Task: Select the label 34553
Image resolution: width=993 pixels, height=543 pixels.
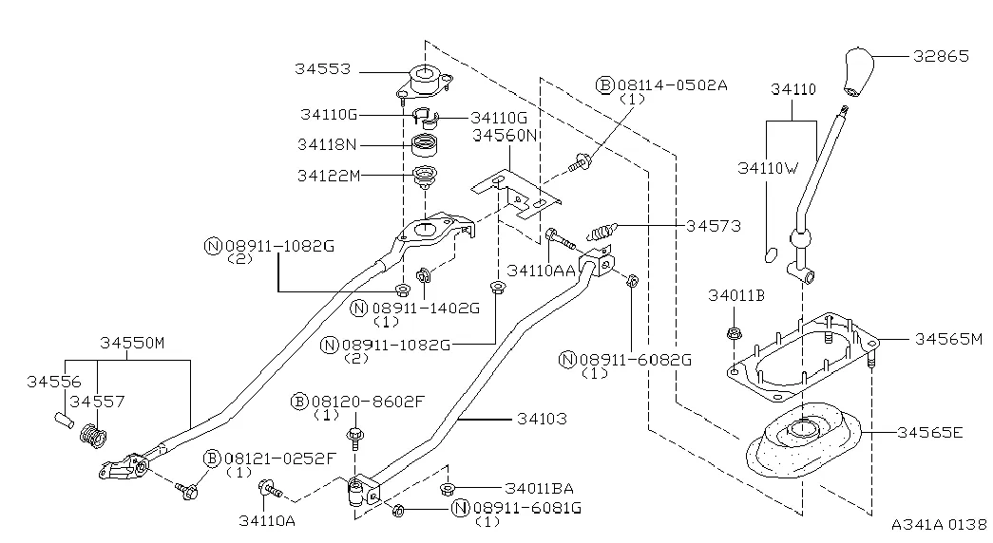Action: click(322, 69)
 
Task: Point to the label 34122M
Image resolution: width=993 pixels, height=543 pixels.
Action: click(327, 175)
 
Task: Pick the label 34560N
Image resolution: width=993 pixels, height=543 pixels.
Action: click(506, 136)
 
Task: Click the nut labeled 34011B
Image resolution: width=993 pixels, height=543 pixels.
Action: click(734, 333)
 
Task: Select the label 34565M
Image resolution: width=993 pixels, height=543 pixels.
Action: click(948, 338)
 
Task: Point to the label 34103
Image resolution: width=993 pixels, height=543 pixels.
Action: click(542, 417)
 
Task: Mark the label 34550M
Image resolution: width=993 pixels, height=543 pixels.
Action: click(132, 340)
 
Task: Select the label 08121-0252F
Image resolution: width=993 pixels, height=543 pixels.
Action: click(280, 459)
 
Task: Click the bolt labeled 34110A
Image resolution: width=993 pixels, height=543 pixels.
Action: click(267, 490)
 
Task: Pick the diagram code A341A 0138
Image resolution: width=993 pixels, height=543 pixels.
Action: click(939, 524)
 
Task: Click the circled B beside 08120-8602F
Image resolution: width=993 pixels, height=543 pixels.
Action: click(298, 402)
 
